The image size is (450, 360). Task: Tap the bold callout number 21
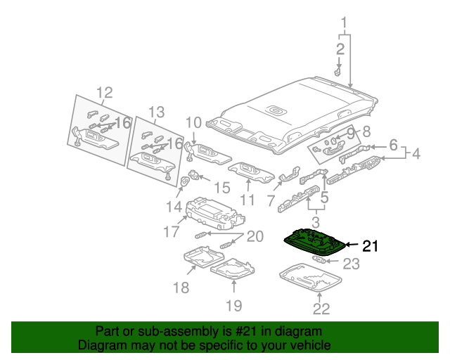click(370, 246)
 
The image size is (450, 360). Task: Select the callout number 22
click(321, 308)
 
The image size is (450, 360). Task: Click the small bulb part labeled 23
click(319, 260)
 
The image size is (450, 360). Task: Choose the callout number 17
click(172, 231)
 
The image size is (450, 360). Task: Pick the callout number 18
click(181, 287)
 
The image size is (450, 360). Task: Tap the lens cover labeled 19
click(232, 269)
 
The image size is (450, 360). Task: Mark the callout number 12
click(104, 92)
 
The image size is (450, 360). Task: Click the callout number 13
click(155, 111)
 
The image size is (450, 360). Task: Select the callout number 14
click(174, 206)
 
